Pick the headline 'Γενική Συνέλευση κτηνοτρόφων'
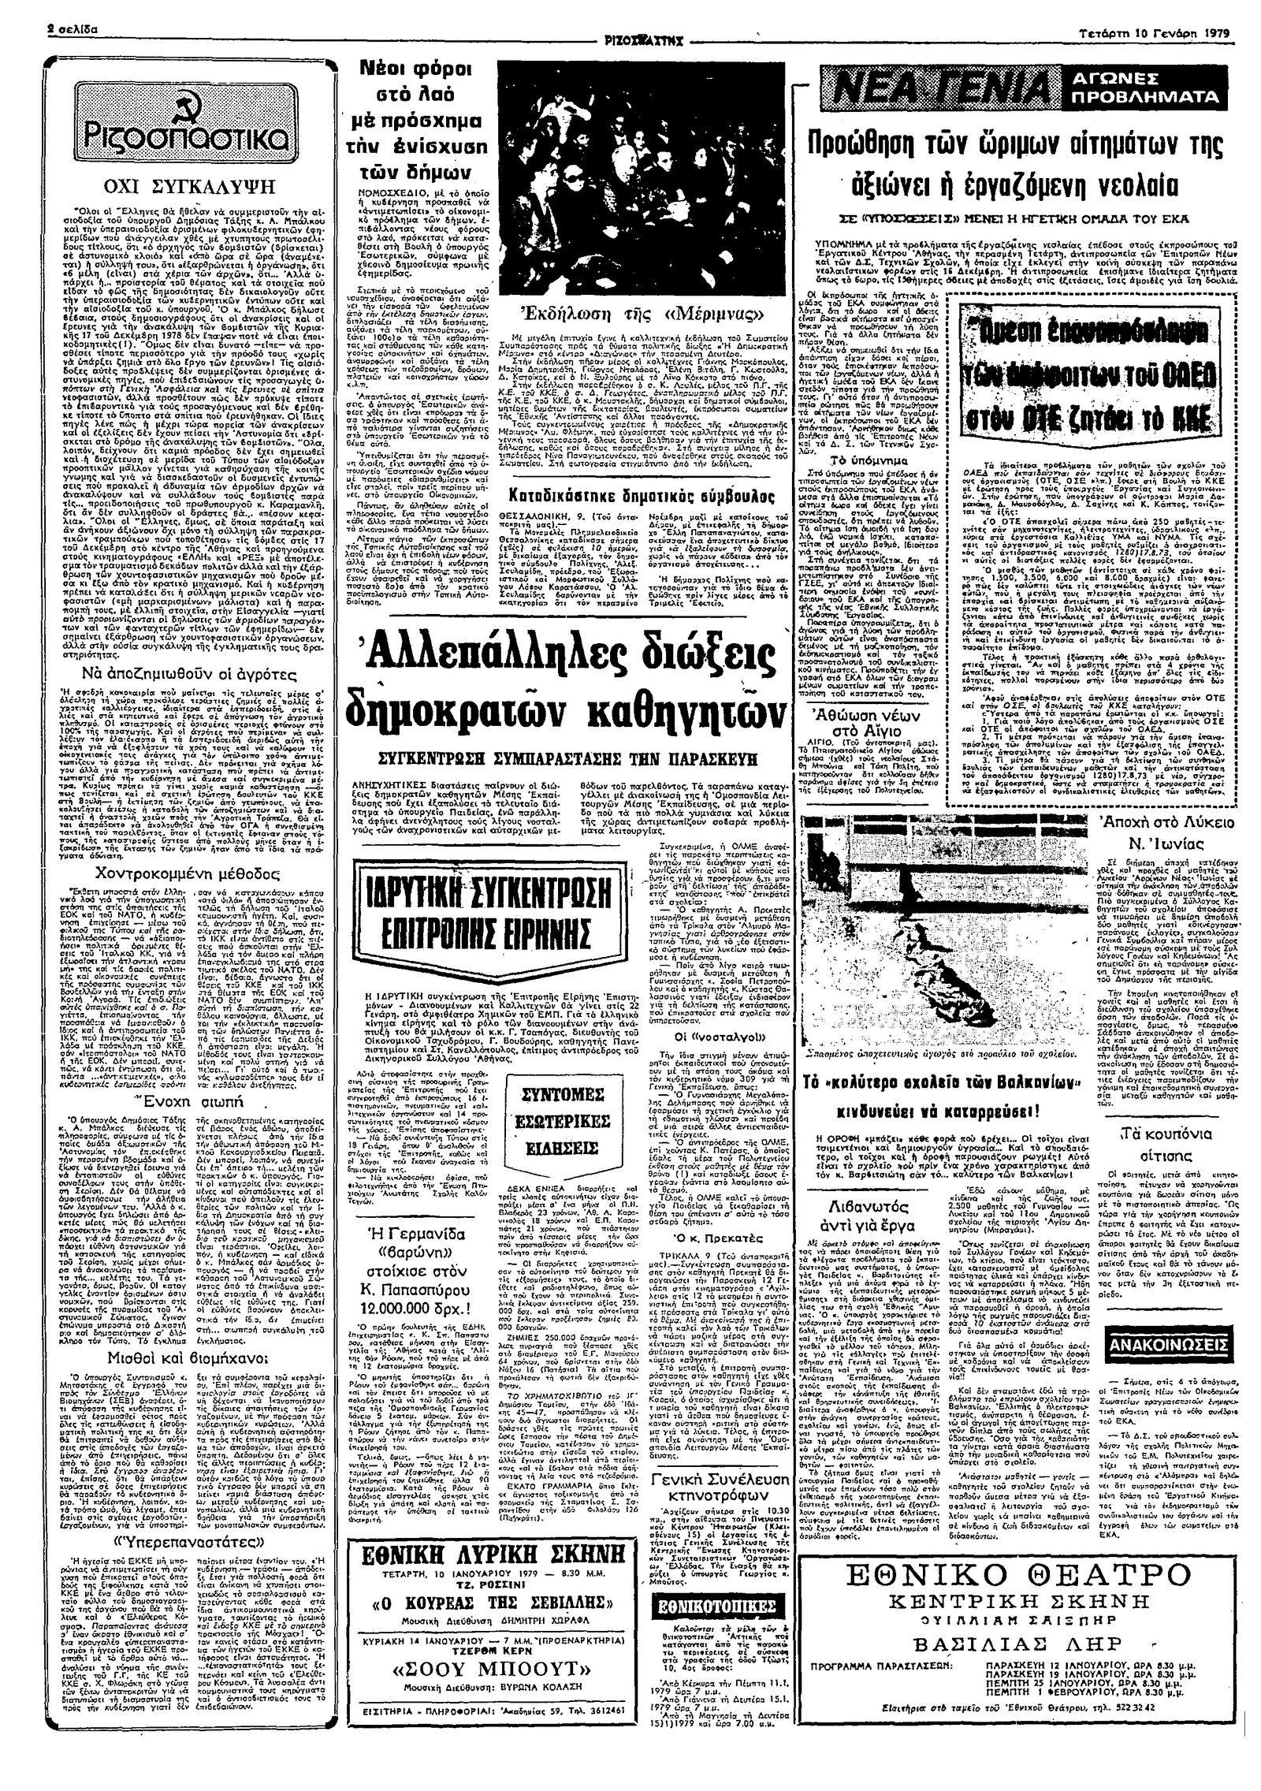point(714,1425)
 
